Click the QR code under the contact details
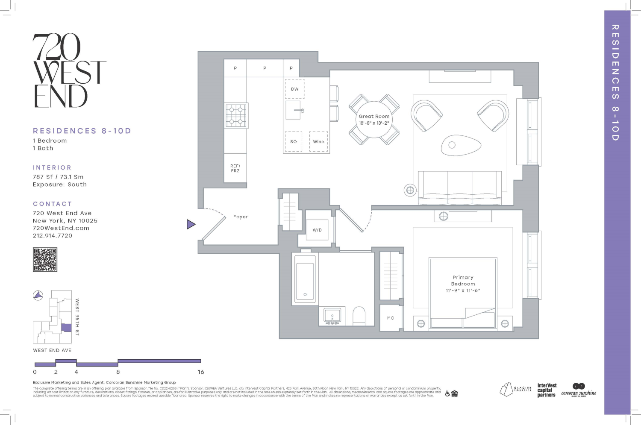point(45,260)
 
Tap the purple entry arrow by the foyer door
point(191,224)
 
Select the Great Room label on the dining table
point(374,116)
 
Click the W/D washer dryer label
point(317,230)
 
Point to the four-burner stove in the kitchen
point(236,115)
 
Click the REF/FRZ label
point(235,168)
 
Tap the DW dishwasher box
point(295,89)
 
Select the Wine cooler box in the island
point(318,142)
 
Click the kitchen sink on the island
point(294,110)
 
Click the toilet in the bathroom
point(359,317)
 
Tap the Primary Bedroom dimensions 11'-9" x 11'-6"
point(463,290)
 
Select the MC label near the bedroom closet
point(391,318)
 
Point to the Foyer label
point(241,217)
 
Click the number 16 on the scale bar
point(201,372)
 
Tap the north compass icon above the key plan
point(38,295)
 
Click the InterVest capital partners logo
point(547,390)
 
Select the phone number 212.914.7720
point(53,236)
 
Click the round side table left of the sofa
point(410,190)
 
